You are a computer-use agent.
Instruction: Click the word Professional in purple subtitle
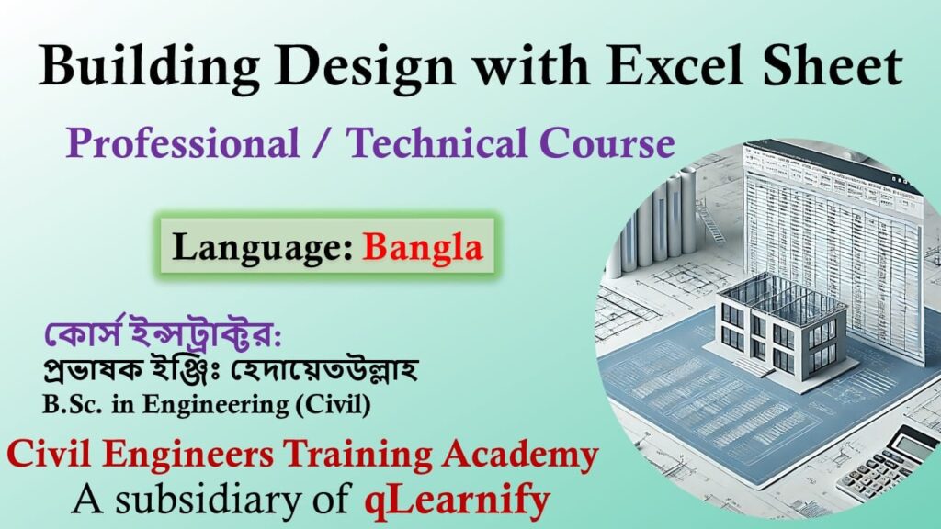[184, 144]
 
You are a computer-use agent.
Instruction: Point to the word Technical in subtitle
[438, 144]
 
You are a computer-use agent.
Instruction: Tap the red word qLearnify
[457, 500]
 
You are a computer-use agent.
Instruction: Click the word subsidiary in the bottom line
[210, 500]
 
